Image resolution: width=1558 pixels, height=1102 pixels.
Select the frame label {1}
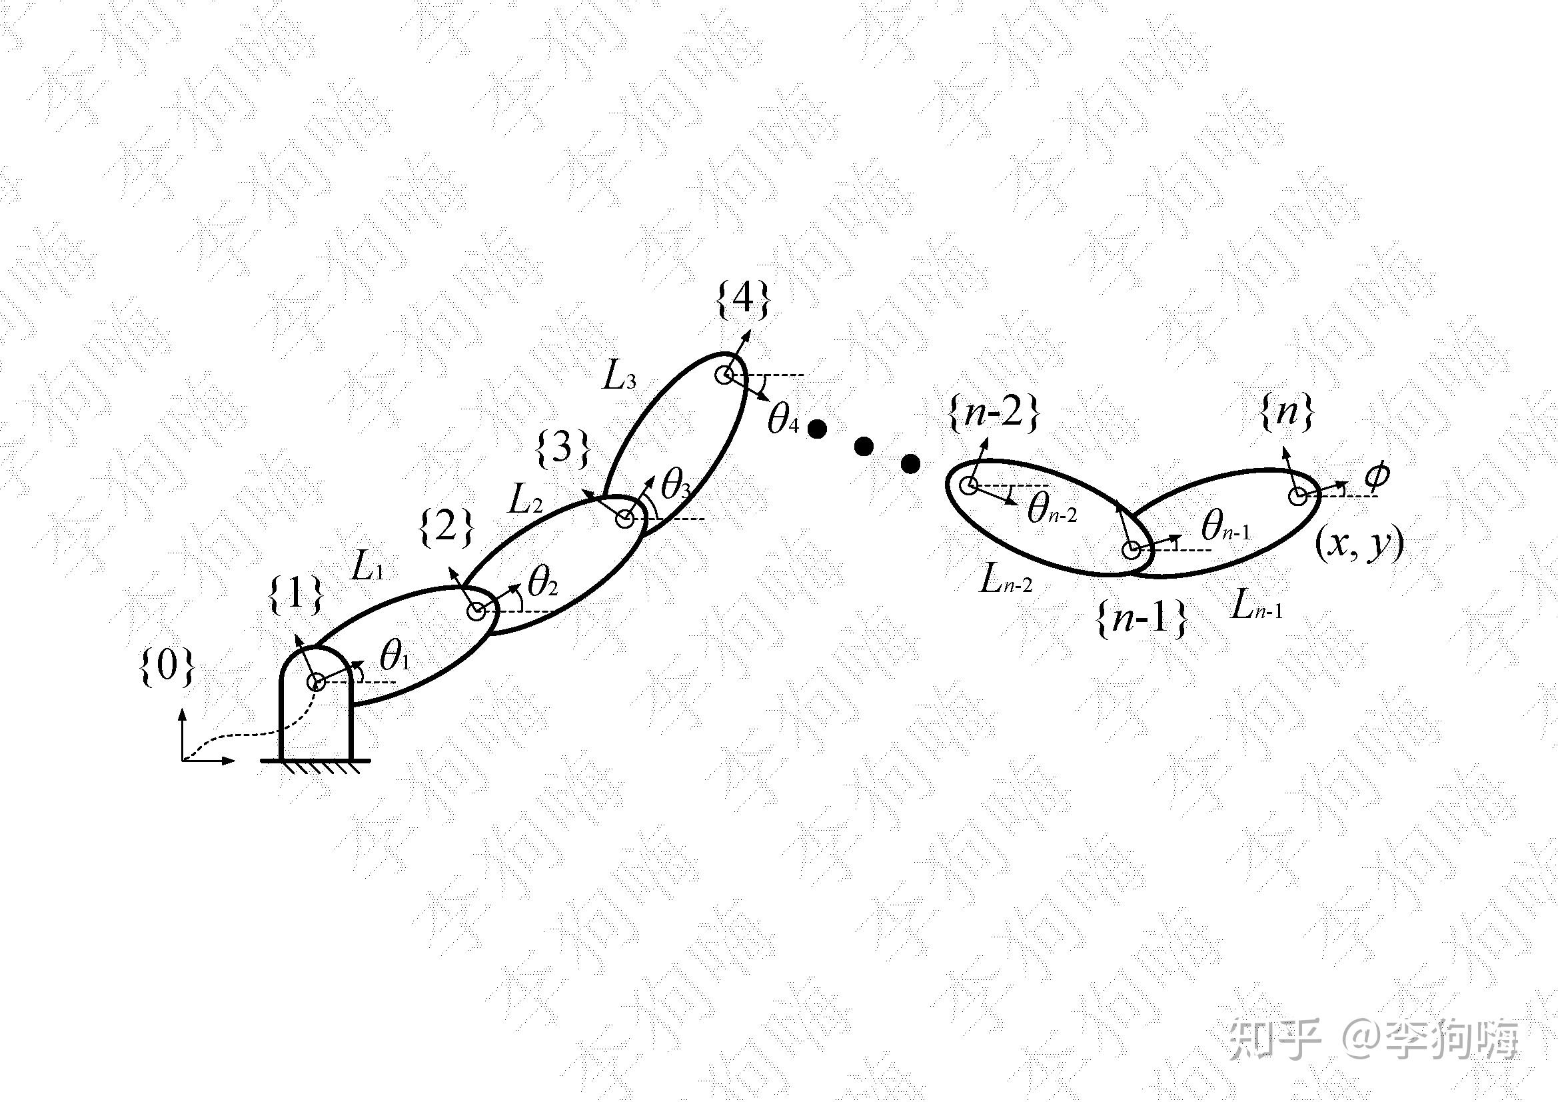point(296,595)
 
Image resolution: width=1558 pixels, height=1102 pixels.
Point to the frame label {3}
point(562,449)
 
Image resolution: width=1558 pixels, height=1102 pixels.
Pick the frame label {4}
point(744,299)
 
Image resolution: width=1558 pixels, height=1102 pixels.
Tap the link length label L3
point(620,377)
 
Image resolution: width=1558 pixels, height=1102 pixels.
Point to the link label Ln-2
point(1005,581)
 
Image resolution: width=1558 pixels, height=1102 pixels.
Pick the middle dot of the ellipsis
point(863,446)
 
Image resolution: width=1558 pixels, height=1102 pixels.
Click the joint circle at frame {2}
point(476,611)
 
